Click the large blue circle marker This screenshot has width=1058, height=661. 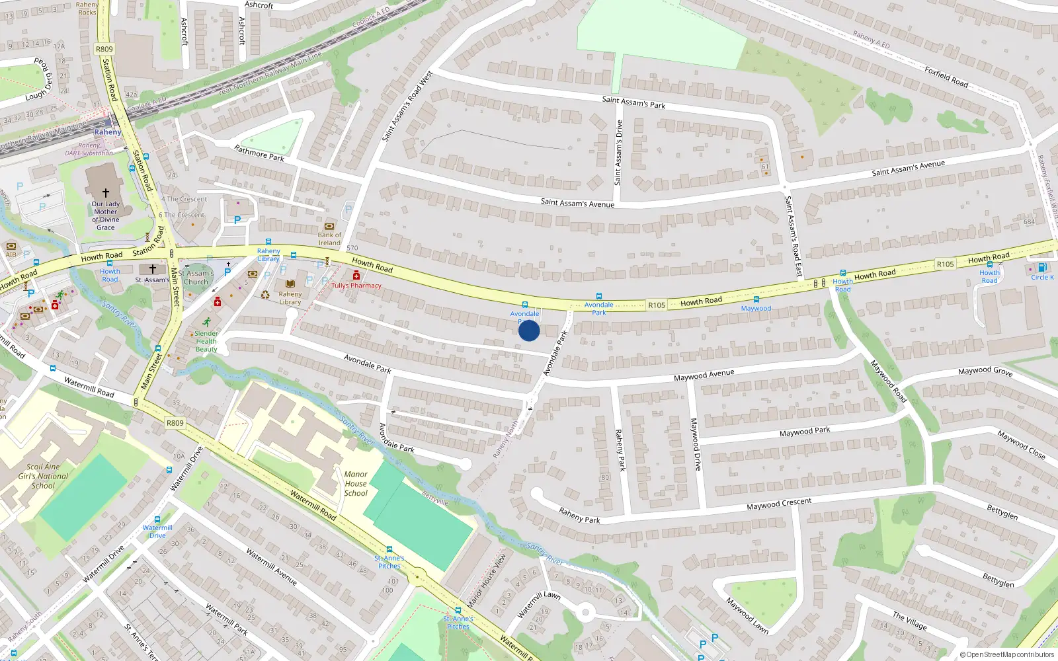tap(529, 330)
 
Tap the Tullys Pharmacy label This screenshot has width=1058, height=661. tap(356, 286)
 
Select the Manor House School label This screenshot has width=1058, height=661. tap(356, 483)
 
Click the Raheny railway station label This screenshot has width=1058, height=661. tap(108, 132)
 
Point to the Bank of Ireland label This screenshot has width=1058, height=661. tap(329, 239)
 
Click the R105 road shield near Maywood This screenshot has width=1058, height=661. tap(657, 305)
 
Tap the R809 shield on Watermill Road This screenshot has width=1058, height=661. tap(175, 423)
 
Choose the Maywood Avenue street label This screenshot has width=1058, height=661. tap(704, 375)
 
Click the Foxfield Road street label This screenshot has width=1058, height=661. tap(946, 77)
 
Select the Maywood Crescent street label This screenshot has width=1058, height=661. tap(778, 504)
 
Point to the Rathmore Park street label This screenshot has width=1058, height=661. tap(259, 153)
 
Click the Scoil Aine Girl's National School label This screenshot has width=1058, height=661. tap(43, 476)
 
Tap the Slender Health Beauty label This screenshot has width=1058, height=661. tap(206, 341)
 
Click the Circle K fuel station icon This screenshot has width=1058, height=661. tap(1042, 268)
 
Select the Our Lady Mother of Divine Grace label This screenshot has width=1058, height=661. tap(106, 215)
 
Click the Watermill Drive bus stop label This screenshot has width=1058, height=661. tap(157, 531)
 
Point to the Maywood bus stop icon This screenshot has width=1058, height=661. tap(756, 299)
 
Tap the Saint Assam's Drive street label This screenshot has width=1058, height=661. tap(618, 152)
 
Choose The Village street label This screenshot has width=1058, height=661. tap(910, 621)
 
